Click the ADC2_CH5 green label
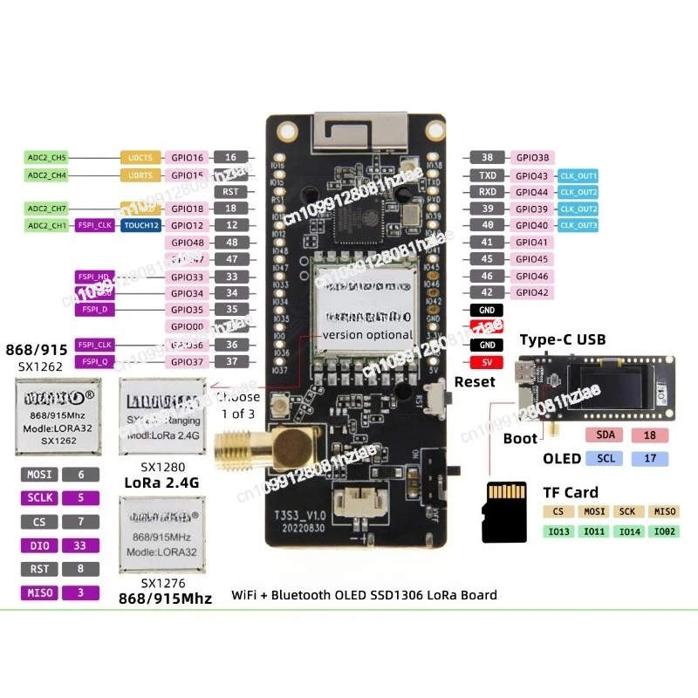point(46,158)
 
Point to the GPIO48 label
point(187,242)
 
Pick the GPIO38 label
point(532,158)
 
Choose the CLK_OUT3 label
point(578,225)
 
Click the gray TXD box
point(488,175)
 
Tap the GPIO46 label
point(532,276)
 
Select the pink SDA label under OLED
point(605,435)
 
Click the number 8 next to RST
point(81,569)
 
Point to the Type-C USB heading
point(563,339)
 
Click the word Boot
point(520,438)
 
